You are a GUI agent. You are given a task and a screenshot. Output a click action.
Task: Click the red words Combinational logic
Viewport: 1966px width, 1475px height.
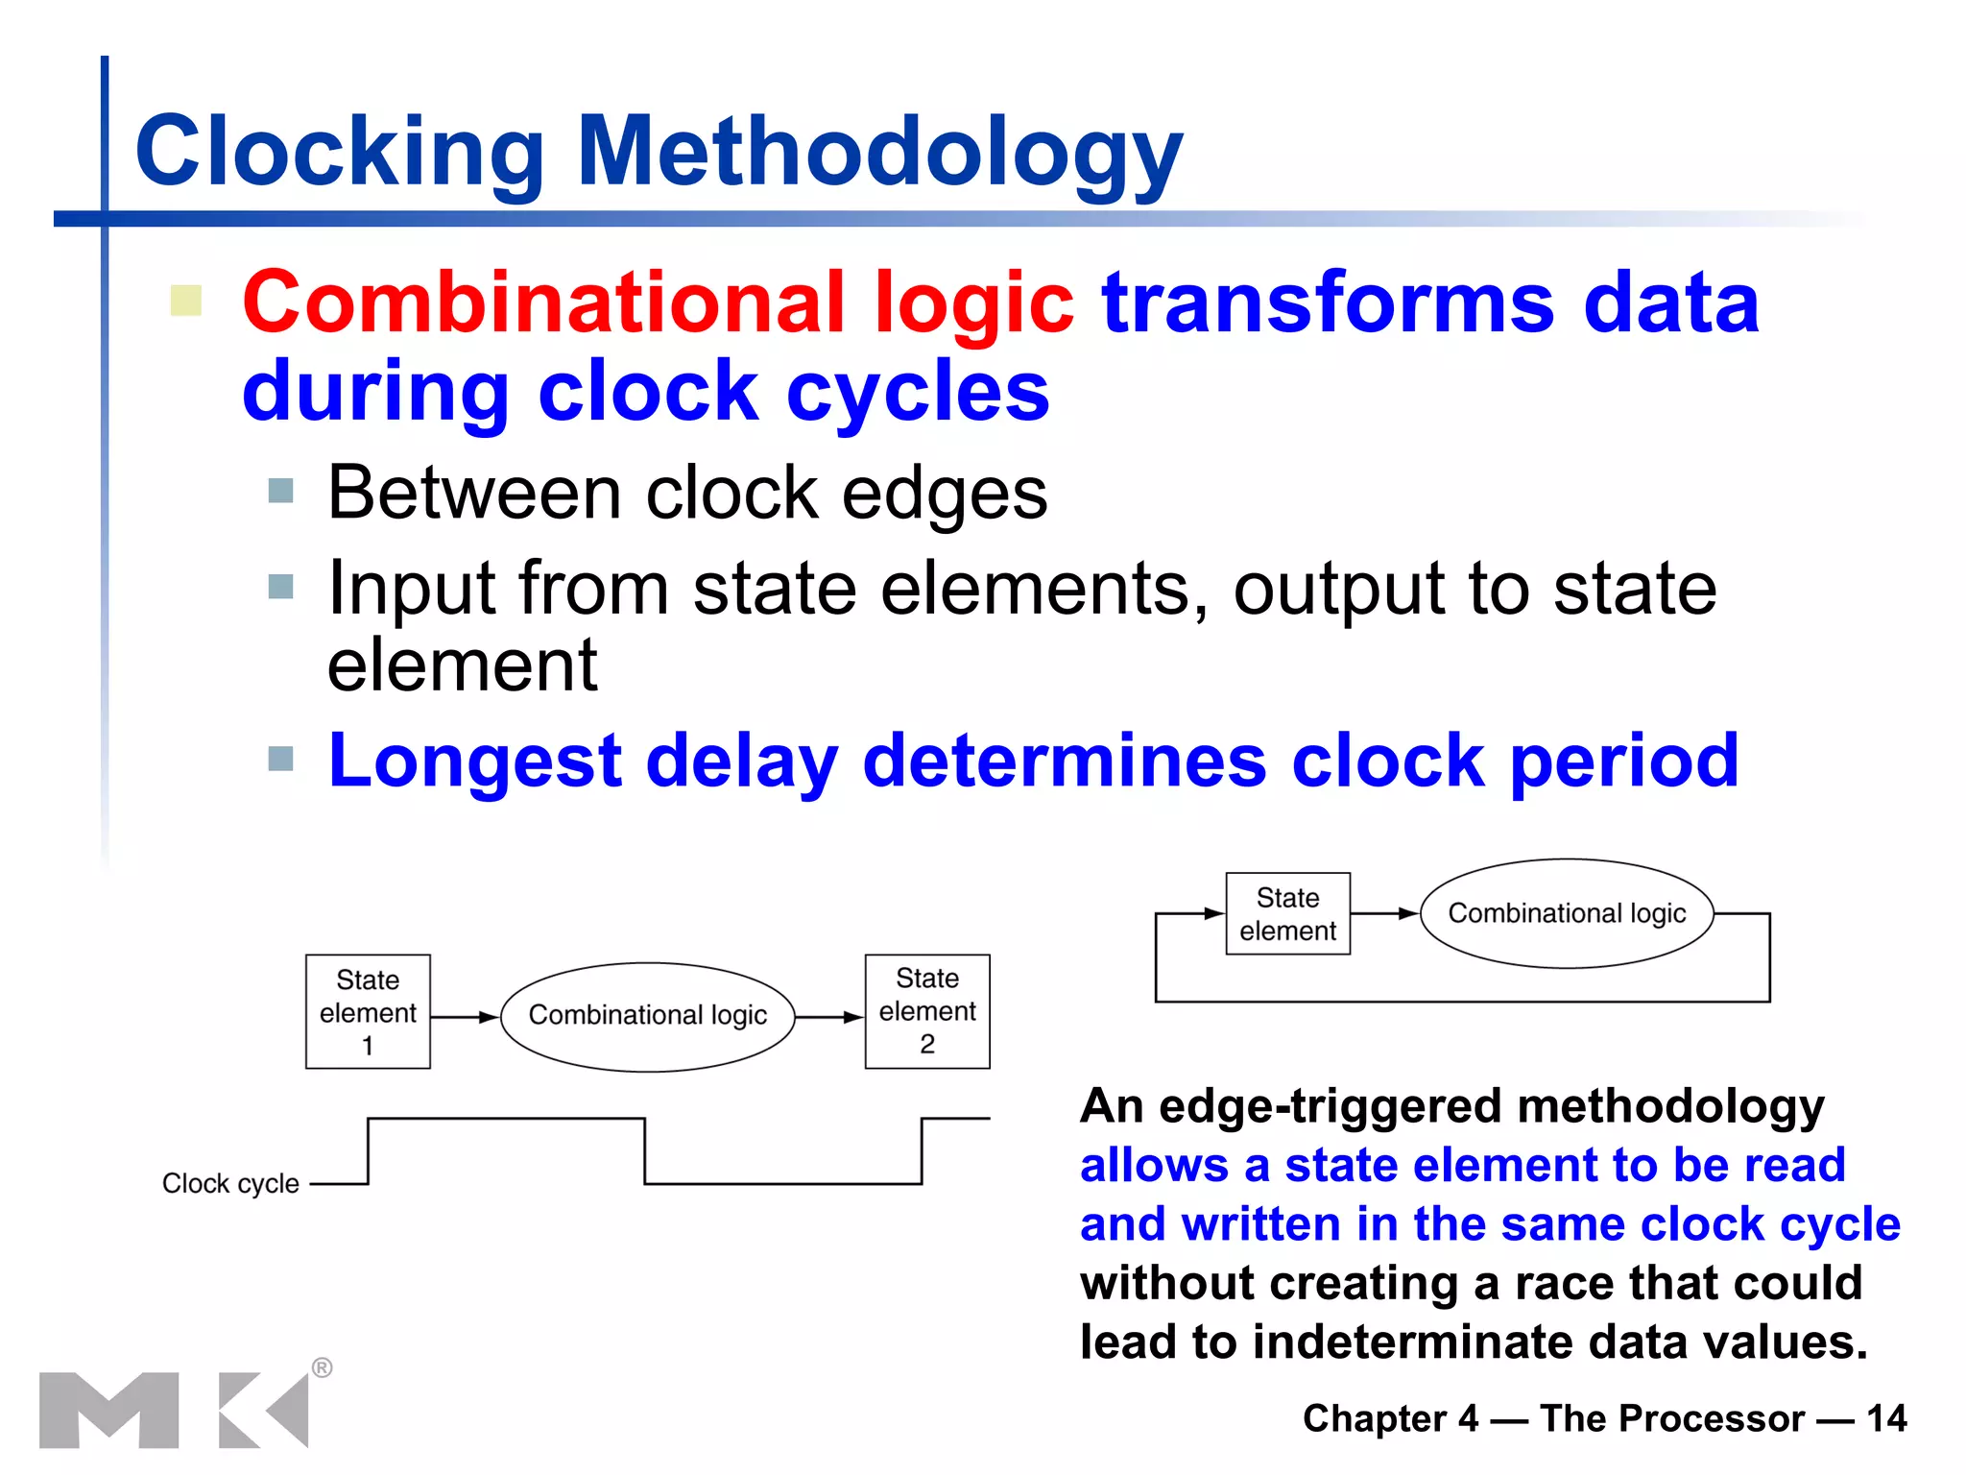[x=658, y=302]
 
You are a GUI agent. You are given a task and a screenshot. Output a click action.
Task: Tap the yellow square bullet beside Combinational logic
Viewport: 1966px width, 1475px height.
[x=186, y=301]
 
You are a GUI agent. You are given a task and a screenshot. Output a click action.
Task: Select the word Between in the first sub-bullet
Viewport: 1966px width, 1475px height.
[x=474, y=494]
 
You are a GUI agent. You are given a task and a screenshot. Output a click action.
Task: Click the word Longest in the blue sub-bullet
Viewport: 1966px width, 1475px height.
[x=475, y=761]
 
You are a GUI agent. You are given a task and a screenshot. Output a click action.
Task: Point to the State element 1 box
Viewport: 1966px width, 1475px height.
[x=368, y=1011]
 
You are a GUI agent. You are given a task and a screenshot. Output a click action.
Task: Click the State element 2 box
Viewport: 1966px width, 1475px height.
[x=927, y=1011]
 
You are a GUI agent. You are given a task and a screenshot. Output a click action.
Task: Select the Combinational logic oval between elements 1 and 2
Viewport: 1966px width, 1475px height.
[x=648, y=1016]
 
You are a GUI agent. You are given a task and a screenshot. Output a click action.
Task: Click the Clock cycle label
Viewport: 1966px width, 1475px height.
[x=230, y=1183]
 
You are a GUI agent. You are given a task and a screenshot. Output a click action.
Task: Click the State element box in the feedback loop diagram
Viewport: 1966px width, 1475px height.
[x=1287, y=913]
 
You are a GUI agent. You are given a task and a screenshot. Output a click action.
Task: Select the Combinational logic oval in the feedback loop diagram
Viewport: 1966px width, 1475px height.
[x=1567, y=913]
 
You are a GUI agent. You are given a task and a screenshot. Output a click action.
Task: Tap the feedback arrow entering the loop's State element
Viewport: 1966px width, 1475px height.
[x=1195, y=914]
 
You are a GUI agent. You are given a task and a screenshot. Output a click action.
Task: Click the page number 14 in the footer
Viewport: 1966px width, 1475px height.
[x=1886, y=1418]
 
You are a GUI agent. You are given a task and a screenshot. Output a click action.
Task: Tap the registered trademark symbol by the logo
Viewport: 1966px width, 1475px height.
[x=323, y=1367]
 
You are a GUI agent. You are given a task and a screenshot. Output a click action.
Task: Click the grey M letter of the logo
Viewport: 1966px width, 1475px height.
[x=108, y=1410]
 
